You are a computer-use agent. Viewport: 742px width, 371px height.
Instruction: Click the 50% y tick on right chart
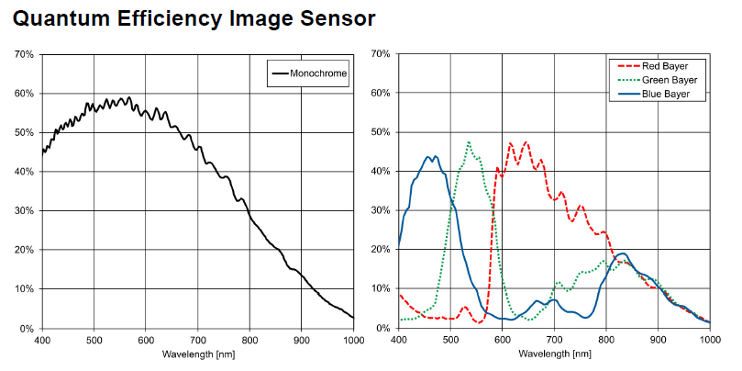[380, 133]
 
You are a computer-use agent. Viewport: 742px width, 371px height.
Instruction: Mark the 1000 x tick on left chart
[352, 340]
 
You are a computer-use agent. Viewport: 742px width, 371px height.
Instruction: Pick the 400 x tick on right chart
[398, 340]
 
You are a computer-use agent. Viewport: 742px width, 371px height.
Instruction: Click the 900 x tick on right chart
[658, 340]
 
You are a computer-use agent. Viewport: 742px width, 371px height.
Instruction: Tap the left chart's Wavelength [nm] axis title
[197, 354]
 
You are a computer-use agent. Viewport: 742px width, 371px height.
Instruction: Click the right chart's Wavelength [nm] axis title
[554, 354]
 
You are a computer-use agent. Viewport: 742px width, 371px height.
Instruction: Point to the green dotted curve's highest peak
[469, 142]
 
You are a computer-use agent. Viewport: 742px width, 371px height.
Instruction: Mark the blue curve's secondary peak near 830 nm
[622, 253]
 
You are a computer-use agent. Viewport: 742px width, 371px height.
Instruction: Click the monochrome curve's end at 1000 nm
[353, 318]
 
